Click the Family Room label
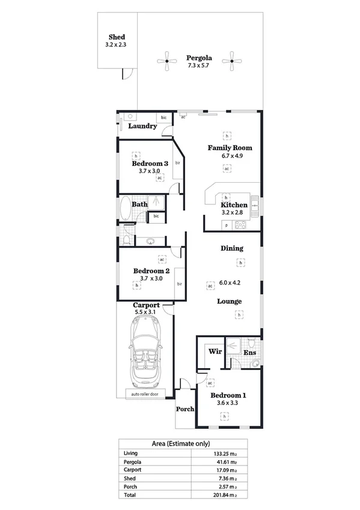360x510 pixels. click(230, 147)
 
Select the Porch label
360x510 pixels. click(185, 409)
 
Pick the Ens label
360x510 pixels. click(249, 353)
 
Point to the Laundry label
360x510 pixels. click(143, 126)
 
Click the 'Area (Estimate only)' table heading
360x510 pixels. click(180, 444)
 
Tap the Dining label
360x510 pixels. click(232, 248)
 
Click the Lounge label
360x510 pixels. click(230, 301)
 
